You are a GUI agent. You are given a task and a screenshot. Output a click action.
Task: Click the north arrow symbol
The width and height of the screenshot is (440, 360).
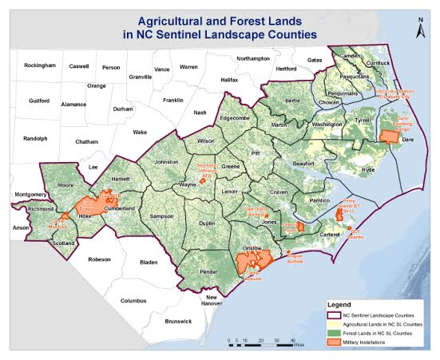coord(420,30)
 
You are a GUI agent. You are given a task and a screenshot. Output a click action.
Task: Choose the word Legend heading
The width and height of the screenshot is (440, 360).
coord(341,305)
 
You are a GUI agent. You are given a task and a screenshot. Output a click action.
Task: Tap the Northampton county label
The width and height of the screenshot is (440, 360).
coord(253,58)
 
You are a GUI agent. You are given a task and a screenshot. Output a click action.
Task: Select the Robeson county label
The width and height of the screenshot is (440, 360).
coord(100,259)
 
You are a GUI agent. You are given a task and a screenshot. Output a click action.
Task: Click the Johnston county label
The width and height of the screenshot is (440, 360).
coord(166,161)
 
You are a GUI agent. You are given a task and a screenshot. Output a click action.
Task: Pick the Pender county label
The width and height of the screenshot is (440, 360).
coord(209,272)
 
